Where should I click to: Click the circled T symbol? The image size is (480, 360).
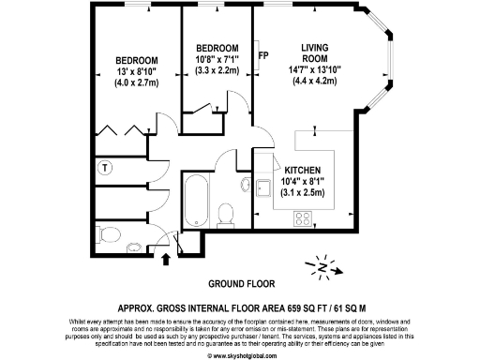pos(105,169)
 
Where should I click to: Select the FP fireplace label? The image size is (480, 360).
pos(262,54)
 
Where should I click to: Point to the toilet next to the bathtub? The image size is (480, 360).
pos(225,215)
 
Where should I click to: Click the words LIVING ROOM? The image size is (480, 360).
pos(314,53)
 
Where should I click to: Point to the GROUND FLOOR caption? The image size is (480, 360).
pos(239,282)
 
